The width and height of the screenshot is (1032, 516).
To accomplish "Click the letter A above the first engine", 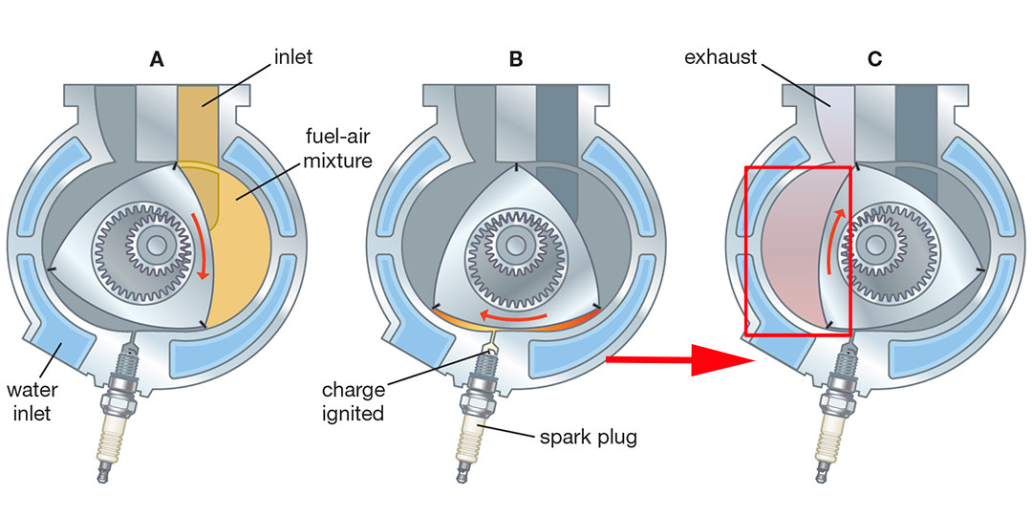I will click(158, 59).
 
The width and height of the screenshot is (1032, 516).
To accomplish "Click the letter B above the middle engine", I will click(516, 59).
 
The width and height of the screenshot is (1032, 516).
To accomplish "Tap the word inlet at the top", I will click(292, 57).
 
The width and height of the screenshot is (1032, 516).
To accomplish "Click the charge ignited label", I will click(353, 401).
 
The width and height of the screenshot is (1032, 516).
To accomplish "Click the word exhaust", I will click(721, 57).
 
